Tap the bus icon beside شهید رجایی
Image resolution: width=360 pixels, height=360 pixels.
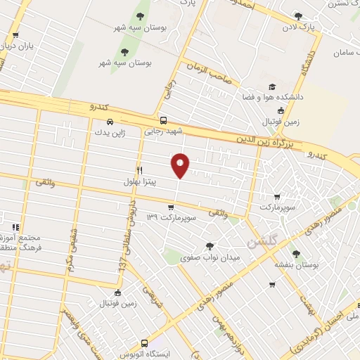pyautogui.click(x=163, y=120)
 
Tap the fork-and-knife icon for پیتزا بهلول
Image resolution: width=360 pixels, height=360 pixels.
pyautogui.click(x=139, y=171)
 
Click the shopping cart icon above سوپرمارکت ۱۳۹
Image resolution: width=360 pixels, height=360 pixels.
pyautogui.click(x=171, y=207)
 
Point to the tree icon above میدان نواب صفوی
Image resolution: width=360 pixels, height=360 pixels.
pyautogui.click(x=209, y=246)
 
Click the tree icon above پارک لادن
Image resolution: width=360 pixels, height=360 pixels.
pyautogui.click(x=298, y=16)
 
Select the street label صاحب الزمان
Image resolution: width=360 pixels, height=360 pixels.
pyautogui.click(x=209, y=73)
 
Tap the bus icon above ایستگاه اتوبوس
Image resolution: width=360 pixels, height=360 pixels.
pyautogui.click(x=144, y=343)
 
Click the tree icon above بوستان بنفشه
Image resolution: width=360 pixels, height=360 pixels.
pyautogui.click(x=295, y=254)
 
